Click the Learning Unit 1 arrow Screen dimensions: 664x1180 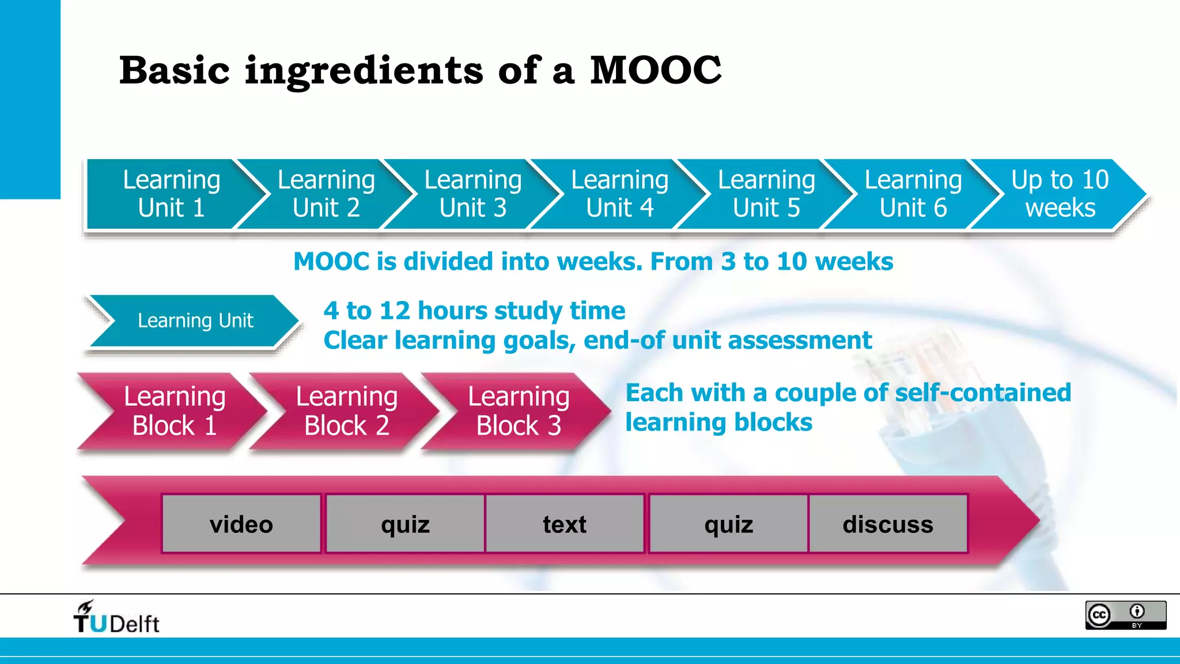pyautogui.click(x=171, y=194)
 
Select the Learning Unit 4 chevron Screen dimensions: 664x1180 pyautogui.click(x=619, y=194)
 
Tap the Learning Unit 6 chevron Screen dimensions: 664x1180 pyautogui.click(x=913, y=194)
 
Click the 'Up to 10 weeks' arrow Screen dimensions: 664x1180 pyautogui.click(x=1060, y=194)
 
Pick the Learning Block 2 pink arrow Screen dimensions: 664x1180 pyautogui.click(x=346, y=411)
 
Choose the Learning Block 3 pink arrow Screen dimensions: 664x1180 pyautogui.click(x=519, y=411)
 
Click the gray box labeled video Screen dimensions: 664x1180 pyautogui.click(x=241, y=524)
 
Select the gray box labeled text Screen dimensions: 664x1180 pyautogui.click(x=565, y=524)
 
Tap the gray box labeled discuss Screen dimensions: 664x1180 pyautogui.click(x=888, y=524)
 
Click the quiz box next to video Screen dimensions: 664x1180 pyautogui.click(x=405, y=524)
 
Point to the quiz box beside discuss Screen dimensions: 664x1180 pyautogui.click(x=728, y=524)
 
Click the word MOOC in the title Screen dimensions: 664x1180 pyautogui.click(x=655, y=70)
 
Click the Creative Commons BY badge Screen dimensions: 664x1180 pyautogui.click(x=1125, y=615)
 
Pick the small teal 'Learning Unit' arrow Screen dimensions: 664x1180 pyautogui.click(x=195, y=320)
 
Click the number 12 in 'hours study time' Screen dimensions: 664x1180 pyautogui.click(x=394, y=311)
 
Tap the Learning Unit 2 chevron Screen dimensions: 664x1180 pyautogui.click(x=326, y=194)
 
